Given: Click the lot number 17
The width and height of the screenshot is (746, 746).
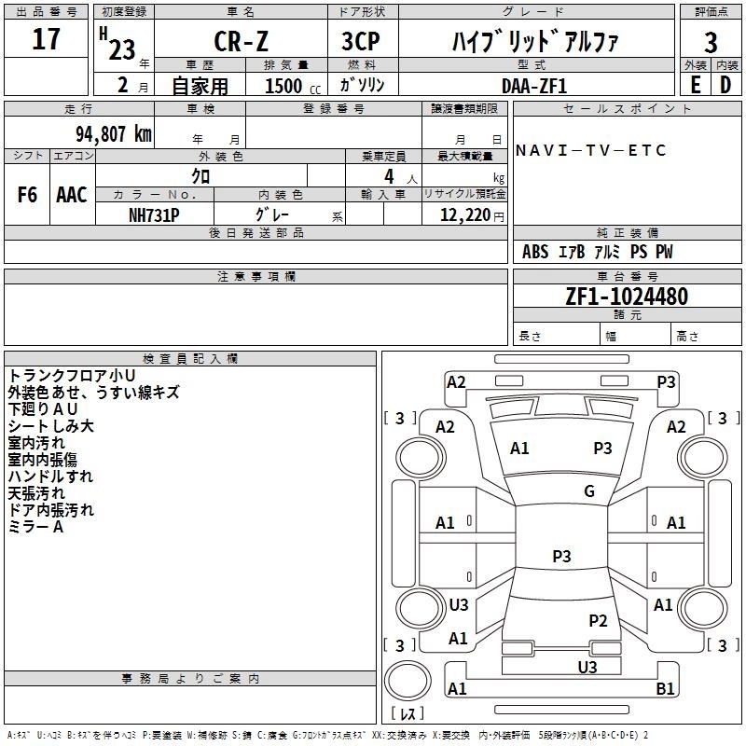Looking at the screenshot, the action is point(46,39).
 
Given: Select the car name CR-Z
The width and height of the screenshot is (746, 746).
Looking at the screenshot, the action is point(242,41).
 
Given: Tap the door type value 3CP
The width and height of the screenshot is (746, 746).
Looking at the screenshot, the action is point(361,41).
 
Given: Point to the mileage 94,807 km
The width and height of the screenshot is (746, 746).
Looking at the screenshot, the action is point(114,134).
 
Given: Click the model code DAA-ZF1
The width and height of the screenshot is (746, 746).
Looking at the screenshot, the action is point(534,86).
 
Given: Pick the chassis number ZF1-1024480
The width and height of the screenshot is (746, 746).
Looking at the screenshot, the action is point(627,297).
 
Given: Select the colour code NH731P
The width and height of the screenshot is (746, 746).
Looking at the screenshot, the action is point(154,215).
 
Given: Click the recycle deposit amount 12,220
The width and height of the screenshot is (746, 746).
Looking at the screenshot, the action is point(465,215).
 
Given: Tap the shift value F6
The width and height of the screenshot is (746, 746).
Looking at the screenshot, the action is point(27,195).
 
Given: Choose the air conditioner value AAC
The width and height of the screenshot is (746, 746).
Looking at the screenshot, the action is point(72,195).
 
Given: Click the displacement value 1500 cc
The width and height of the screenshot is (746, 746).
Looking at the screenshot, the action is point(293,86).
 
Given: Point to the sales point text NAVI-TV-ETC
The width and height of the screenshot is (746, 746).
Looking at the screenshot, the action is point(590,150).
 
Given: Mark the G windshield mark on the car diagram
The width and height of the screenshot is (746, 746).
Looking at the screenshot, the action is point(589,491).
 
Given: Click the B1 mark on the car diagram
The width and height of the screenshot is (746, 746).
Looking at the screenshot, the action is point(665,688).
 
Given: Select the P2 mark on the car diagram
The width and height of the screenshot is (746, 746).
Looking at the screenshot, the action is point(598,620).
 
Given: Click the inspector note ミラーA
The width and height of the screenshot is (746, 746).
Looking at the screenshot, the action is point(35,527).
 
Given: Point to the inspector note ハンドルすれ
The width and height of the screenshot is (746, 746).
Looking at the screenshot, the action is point(51,477).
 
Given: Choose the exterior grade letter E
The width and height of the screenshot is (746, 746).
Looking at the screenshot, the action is point(696,85).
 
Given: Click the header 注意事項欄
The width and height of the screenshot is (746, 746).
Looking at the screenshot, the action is point(256,276).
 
